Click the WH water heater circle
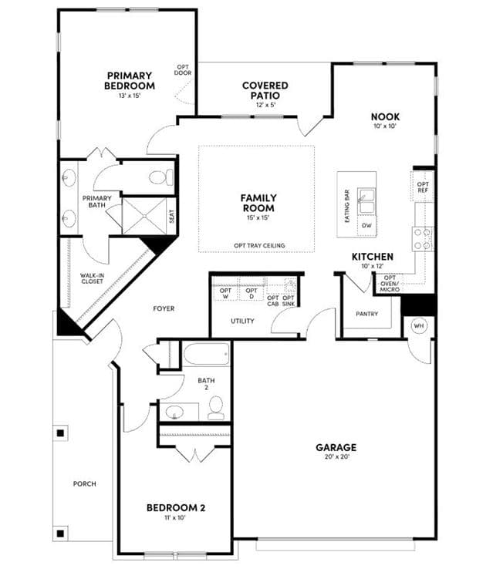tap(418, 326)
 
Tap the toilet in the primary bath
tap(161, 177)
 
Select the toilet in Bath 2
tap(216, 408)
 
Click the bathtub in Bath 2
tap(207, 355)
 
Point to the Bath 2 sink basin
tap(174, 412)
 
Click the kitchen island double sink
tap(366, 201)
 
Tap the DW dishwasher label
tap(366, 225)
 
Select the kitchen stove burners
tap(423, 239)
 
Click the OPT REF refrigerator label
tap(423, 187)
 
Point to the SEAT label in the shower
tap(171, 217)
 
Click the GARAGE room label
tap(336, 447)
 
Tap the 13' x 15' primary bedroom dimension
tap(130, 96)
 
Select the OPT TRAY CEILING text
tap(259, 245)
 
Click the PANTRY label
tap(366, 314)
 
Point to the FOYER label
tap(164, 308)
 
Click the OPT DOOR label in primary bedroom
tap(183, 70)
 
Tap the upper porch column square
tap(61, 433)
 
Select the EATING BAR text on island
tap(347, 206)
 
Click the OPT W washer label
tap(225, 294)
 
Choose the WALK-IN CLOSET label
tap(92, 278)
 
